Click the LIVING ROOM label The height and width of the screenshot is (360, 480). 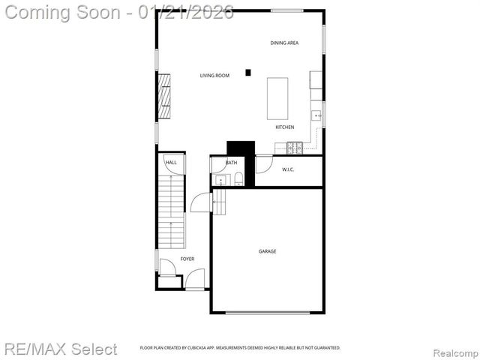(214, 76)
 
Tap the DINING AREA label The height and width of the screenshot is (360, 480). (284, 43)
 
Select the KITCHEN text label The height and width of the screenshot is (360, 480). (284, 127)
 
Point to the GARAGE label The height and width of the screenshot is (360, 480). (268, 251)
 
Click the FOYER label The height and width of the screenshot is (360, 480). (187, 259)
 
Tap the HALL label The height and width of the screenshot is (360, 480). (171, 163)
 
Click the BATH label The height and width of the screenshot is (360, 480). (231, 163)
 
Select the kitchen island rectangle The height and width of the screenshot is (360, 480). (278, 97)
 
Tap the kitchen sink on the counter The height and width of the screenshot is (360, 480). (317, 116)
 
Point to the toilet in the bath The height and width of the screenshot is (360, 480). (238, 178)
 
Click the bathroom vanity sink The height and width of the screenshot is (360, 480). (220, 180)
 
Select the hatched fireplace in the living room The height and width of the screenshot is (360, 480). (163, 95)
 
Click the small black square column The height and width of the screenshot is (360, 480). (248, 73)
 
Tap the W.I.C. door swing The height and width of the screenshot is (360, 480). (263, 164)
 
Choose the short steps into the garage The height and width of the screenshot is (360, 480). (219, 201)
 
